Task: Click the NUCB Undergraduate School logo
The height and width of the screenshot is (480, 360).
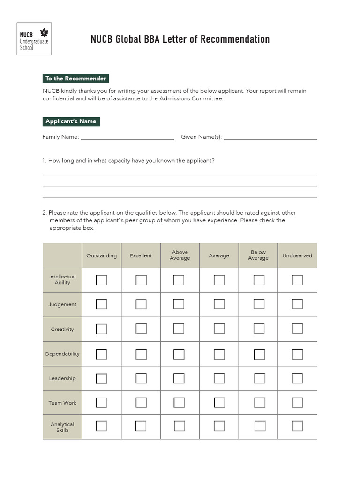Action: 34,39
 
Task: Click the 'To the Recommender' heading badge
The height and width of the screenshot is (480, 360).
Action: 76,78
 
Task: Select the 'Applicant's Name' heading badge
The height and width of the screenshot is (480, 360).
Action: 71,121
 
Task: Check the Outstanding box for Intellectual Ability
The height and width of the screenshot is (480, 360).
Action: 101,280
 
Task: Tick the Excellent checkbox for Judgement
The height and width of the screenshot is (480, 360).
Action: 141,304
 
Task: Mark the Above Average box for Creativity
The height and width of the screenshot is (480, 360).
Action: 179,329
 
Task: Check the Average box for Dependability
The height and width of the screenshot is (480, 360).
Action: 219,354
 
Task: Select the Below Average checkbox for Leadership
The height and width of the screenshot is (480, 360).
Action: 259,378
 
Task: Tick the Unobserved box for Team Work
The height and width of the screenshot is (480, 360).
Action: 297,403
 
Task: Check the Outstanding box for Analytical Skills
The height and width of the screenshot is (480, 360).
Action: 101,426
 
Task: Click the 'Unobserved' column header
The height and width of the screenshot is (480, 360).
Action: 297,255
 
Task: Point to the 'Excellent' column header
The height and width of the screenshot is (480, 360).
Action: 141,255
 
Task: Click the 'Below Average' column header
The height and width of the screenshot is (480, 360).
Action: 258,255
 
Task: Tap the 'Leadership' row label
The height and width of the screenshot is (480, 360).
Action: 62,378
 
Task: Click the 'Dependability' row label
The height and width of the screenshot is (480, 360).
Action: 62,354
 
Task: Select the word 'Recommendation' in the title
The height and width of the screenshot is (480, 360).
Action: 235,39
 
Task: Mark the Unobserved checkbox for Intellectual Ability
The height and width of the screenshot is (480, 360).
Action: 297,280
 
